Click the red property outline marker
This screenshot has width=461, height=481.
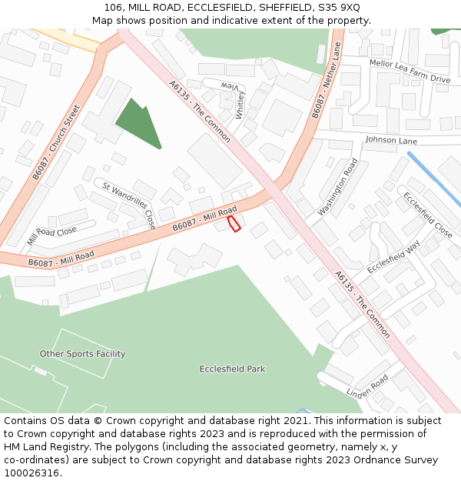[234, 224]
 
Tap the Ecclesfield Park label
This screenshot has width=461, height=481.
[232, 369]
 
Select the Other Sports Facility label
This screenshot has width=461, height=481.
[82, 354]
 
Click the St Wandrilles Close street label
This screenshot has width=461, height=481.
[129, 205]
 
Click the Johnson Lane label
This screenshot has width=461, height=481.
[391, 141]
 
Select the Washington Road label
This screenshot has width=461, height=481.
[338, 187]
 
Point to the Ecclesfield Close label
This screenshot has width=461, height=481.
[428, 215]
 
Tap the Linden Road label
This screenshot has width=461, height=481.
[367, 383]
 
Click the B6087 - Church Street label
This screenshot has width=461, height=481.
[56, 142]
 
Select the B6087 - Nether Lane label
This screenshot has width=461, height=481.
[327, 81]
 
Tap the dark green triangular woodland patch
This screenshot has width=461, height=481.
[138, 123]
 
